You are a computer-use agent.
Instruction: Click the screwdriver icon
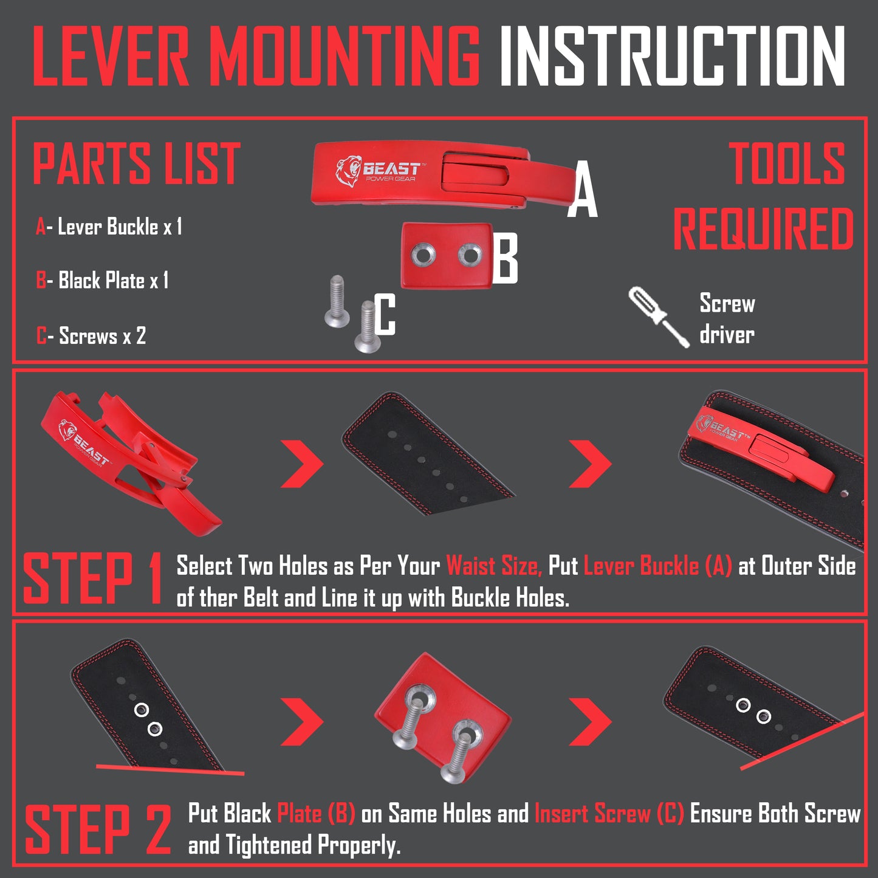click(659, 317)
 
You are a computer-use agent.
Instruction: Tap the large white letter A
click(582, 190)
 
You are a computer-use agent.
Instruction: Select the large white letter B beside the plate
click(505, 259)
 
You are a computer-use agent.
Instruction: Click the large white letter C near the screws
click(385, 314)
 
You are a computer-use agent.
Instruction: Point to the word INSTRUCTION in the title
click(671, 57)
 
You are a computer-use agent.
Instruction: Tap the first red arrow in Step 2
click(302, 722)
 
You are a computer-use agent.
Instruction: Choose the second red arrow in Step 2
click(590, 722)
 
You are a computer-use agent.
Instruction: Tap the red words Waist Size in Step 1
click(493, 566)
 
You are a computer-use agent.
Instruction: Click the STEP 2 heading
click(97, 830)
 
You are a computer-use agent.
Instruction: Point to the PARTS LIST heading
click(136, 163)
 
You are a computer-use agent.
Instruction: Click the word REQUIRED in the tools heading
click(763, 229)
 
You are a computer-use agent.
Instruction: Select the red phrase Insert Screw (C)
click(609, 814)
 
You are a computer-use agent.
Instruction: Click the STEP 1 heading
click(92, 579)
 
